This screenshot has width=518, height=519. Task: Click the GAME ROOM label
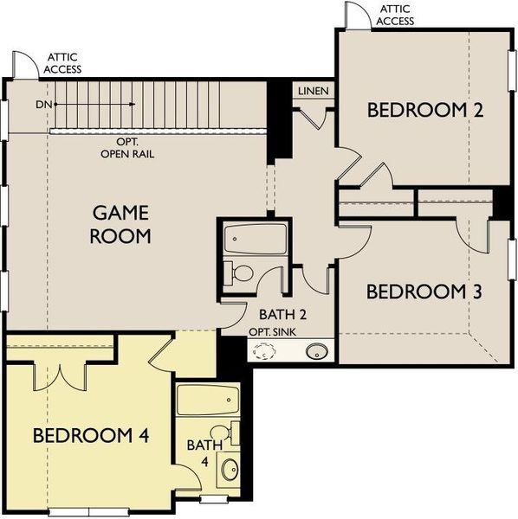pyautogui.click(x=120, y=223)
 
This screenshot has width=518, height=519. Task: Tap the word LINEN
pyautogui.click(x=312, y=91)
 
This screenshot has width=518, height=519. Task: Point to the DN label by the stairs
pyautogui.click(x=44, y=104)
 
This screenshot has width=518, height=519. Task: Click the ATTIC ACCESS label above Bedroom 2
pyautogui.click(x=395, y=15)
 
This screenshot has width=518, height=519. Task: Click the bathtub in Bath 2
pyautogui.click(x=255, y=239)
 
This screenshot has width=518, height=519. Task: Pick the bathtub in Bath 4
pyautogui.click(x=207, y=401)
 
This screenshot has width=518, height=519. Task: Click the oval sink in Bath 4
pyautogui.click(x=230, y=471)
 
